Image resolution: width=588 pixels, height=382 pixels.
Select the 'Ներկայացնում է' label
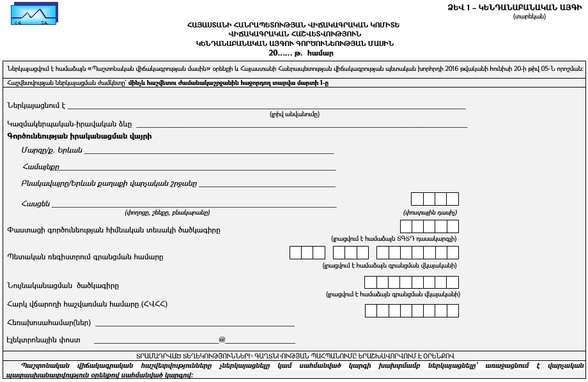[36, 105]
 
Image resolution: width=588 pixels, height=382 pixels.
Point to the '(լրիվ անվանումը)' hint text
[294, 114]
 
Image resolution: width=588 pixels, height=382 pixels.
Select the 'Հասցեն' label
[36, 203]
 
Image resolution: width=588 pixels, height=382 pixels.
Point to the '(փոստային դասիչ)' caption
[429, 213]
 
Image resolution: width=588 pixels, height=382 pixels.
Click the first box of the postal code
[417, 199]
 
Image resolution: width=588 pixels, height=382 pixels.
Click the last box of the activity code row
[453, 226]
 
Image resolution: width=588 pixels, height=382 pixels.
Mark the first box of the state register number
[295, 252]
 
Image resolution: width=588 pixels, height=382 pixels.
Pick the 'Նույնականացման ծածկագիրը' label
[63, 286]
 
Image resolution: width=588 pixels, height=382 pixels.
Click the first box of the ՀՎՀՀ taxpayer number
[371, 311]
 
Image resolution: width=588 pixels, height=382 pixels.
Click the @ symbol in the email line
[222, 340]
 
